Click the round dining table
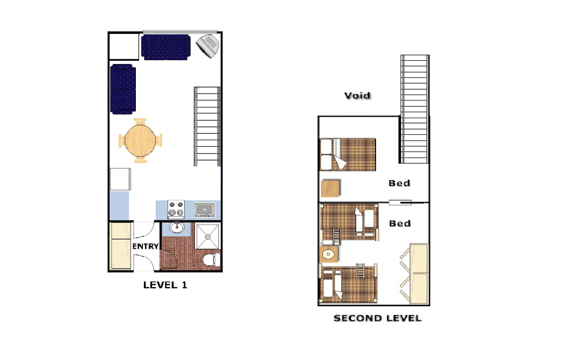(140, 140)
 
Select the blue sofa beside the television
(166, 47)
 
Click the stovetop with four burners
(176, 209)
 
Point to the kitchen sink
(204, 210)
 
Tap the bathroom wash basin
(177, 227)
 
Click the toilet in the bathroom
(212, 260)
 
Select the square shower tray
(208, 236)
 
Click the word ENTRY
(146, 246)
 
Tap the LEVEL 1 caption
(165, 285)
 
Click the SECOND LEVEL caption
(378, 318)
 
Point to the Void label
(358, 96)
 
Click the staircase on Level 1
(207, 126)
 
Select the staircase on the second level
(415, 109)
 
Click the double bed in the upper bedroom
(348, 154)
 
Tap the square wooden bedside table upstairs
(331, 188)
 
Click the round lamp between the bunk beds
(329, 254)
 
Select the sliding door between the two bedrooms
(400, 203)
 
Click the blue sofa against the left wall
(123, 89)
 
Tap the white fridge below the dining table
(120, 179)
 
